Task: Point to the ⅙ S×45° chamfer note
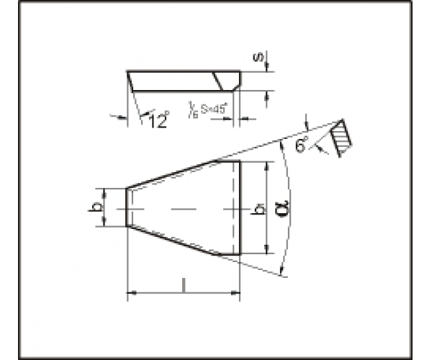coord(208,109)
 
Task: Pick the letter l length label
coord(185,285)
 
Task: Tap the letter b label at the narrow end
coord(96,207)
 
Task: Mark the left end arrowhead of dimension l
coord(130,293)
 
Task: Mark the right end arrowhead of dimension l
coord(235,293)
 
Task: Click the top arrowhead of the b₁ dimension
coord(267,164)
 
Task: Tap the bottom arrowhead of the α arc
coord(283,271)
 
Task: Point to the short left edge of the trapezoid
coord(127,207)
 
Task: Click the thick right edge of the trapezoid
coord(239,207)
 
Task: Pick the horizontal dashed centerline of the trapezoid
coord(180,207)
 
